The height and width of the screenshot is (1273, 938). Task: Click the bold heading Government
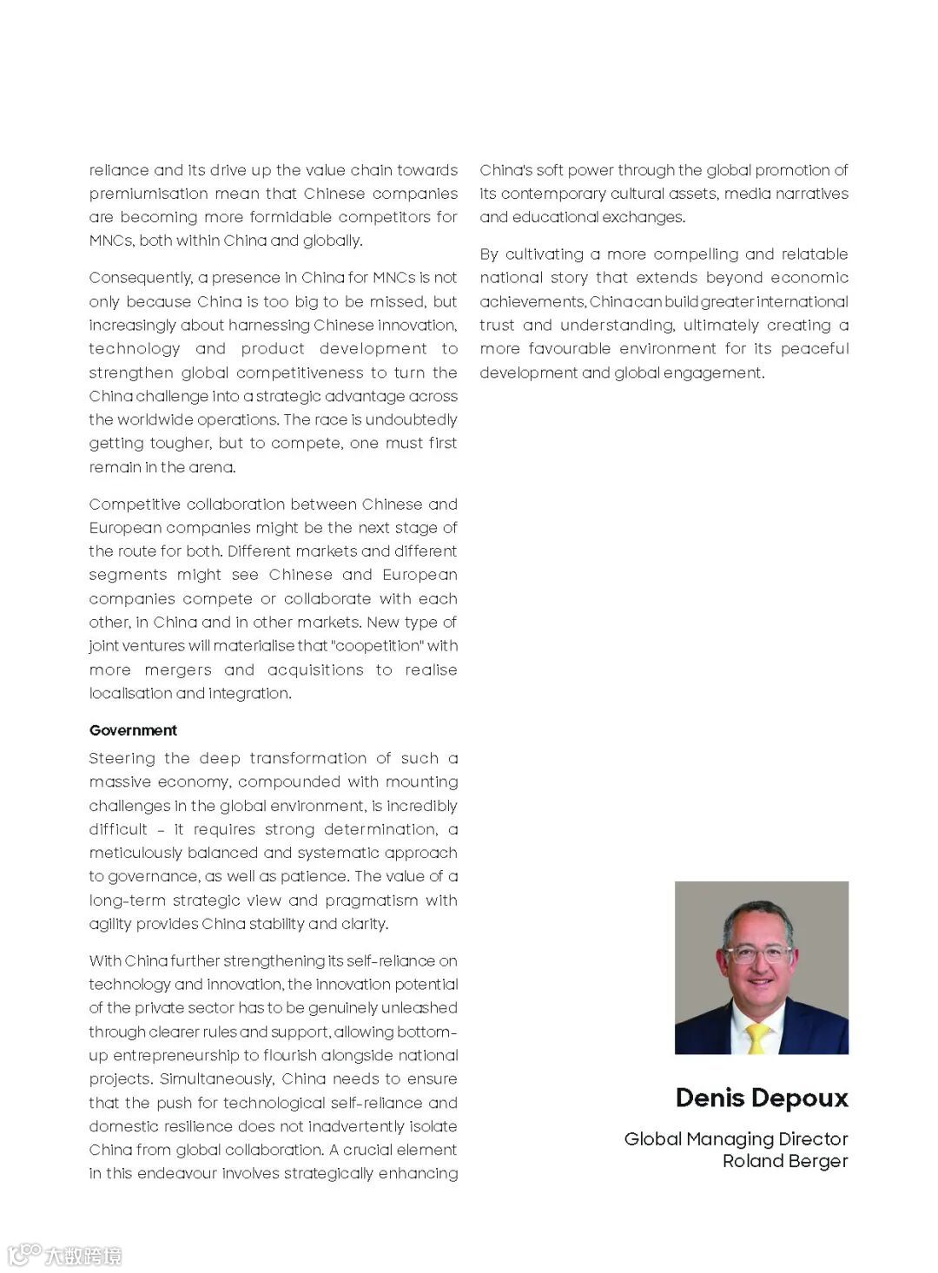pyautogui.click(x=133, y=730)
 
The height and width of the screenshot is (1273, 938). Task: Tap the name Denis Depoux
pyautogui.click(x=761, y=1098)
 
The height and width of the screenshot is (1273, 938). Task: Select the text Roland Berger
pyautogui.click(x=784, y=1161)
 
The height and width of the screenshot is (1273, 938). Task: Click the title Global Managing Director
pyautogui.click(x=736, y=1138)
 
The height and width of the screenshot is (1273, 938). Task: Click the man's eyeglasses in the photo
pyautogui.click(x=758, y=954)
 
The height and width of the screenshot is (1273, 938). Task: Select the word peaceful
pyautogui.click(x=814, y=349)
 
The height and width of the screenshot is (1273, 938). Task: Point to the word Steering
pyautogui.click(x=121, y=759)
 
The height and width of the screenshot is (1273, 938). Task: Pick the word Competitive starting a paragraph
pyautogui.click(x=133, y=505)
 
